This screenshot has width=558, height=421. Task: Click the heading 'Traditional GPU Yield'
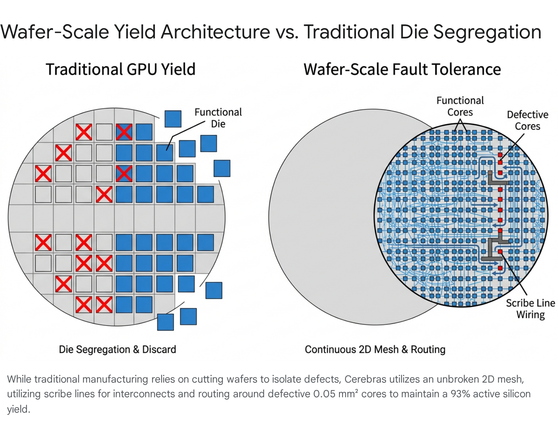[121, 69]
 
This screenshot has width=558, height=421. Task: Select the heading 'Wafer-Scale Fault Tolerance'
[402, 69]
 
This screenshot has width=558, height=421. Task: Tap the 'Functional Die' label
[218, 118]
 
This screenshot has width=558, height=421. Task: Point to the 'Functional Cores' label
[460, 106]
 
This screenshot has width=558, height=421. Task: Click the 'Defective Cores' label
[528, 120]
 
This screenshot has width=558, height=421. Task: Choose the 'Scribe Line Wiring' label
[530, 309]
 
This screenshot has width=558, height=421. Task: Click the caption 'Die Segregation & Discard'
[118, 349]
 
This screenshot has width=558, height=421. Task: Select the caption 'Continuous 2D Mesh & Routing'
[375, 349]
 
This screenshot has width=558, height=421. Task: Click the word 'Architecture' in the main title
[215, 32]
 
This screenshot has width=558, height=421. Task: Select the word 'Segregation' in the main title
[487, 32]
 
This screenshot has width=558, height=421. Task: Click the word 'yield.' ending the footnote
[18, 409]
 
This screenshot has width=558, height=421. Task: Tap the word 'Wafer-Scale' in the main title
[55, 32]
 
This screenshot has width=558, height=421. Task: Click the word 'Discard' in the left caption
[159, 349]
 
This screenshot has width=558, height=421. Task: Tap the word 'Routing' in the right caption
[428, 349]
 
